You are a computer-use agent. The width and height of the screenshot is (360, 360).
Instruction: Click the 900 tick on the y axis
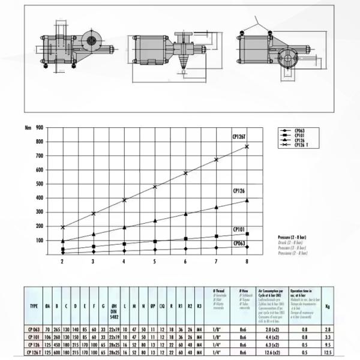tap(39, 127)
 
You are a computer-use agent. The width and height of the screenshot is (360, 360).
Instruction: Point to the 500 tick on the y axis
tap(39, 184)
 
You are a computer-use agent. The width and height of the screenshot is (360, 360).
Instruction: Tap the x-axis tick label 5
tap(154, 262)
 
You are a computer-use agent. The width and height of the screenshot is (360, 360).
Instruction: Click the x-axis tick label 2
tap(62, 262)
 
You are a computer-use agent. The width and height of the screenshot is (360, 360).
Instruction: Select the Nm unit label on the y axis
tap(27, 127)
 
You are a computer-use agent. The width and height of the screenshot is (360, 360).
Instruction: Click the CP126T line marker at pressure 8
tap(247, 146)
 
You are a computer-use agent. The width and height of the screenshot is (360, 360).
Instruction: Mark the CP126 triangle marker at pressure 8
tap(247, 200)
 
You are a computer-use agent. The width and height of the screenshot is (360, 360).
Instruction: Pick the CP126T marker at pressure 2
tap(62, 227)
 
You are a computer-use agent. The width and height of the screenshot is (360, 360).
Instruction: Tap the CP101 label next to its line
tap(241, 229)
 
